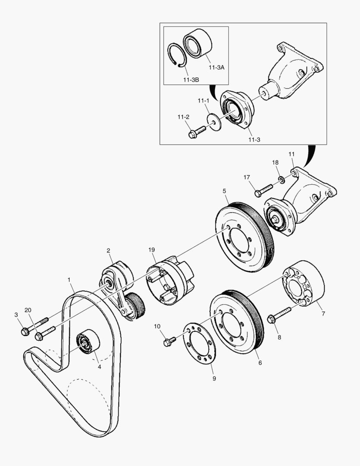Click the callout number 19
151,249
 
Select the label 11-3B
190,80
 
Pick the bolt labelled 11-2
197,132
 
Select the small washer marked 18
281,179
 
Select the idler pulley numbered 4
88,343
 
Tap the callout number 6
260,363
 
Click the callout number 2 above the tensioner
109,250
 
